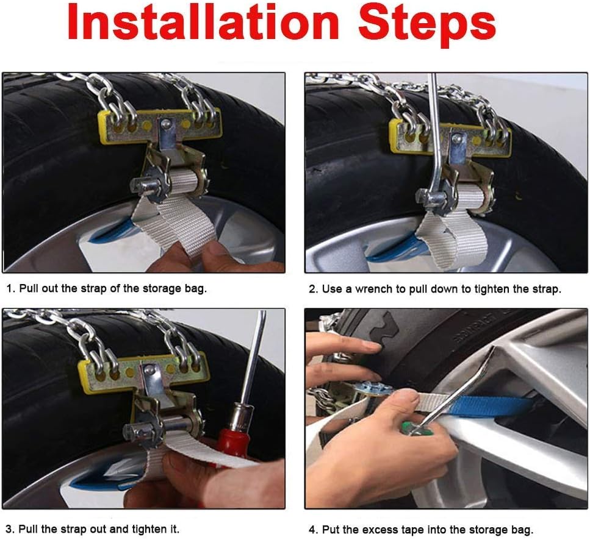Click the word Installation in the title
pyautogui.click(x=204, y=22)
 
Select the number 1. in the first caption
pyautogui.click(x=11, y=288)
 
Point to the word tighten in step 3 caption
pyautogui.click(x=149, y=530)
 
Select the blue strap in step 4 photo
pyautogui.click(x=493, y=407)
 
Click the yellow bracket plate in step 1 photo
pyautogui.click(x=159, y=127)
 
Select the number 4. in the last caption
pyautogui.click(x=314, y=530)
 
